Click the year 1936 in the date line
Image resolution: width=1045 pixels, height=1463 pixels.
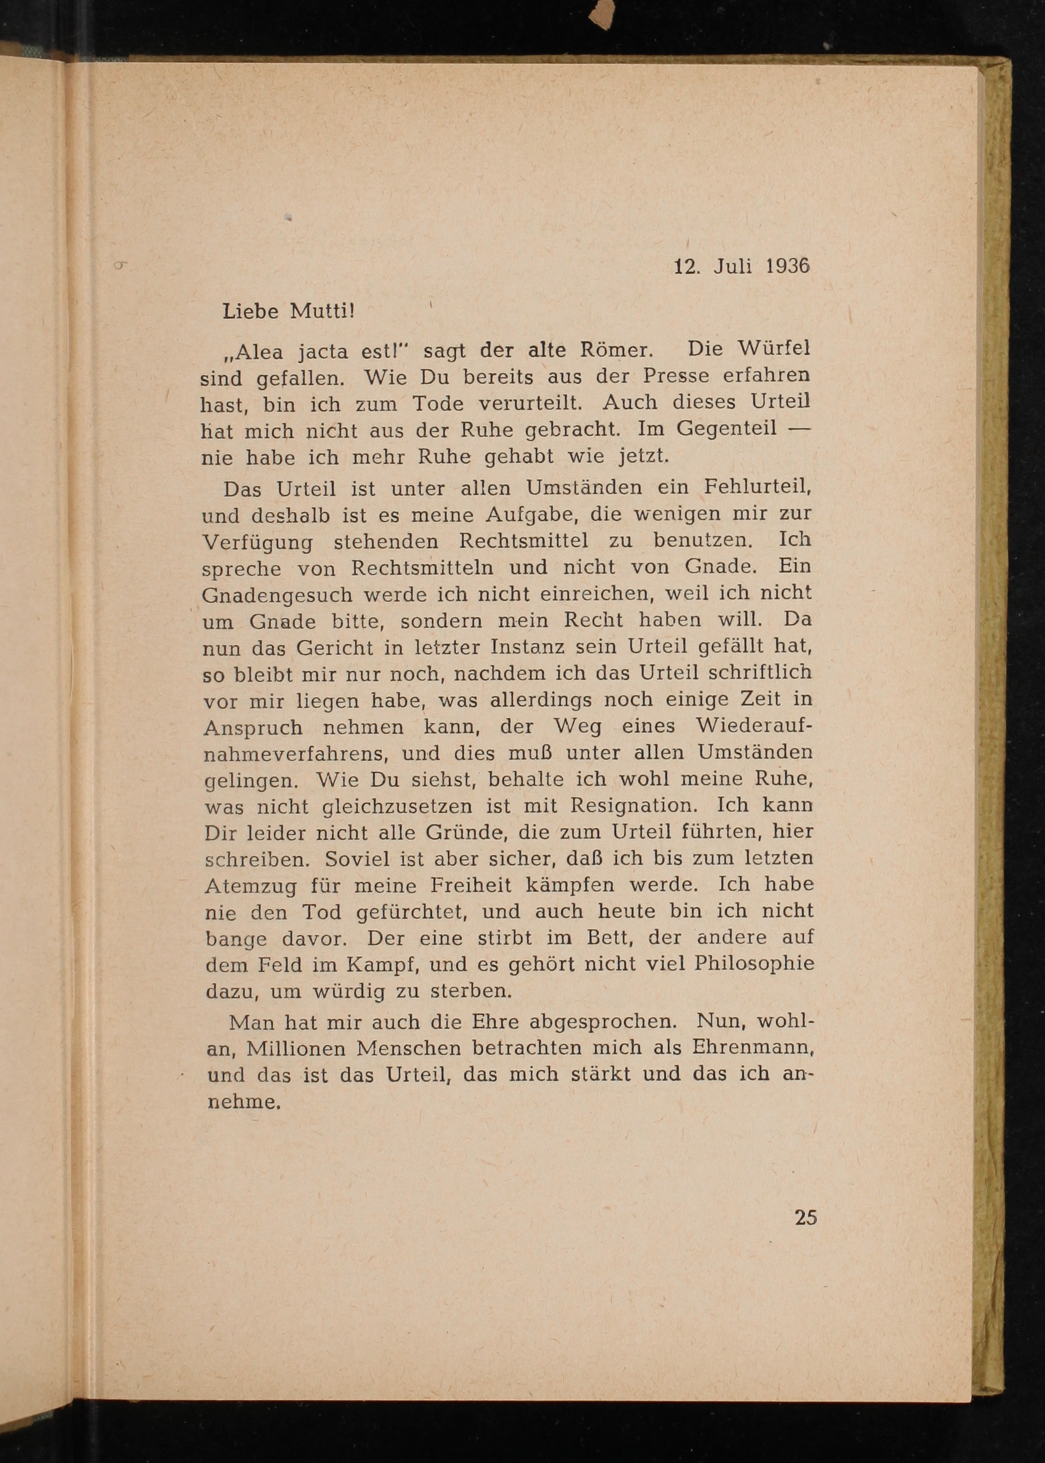pos(787,267)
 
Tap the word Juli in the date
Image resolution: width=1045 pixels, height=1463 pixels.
pos(732,267)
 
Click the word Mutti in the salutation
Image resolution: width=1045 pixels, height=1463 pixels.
pos(322,311)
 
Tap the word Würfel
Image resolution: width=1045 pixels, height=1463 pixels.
pos(773,348)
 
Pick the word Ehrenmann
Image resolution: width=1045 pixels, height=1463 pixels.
pos(752,1047)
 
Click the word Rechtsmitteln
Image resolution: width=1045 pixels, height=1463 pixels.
pos(422,568)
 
